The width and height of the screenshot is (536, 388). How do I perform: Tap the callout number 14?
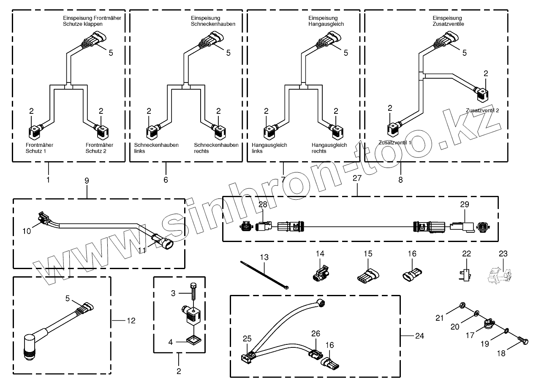click(x=320, y=254)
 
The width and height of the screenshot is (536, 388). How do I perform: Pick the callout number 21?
click(x=440, y=318)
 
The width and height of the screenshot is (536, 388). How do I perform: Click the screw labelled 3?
click(x=193, y=294)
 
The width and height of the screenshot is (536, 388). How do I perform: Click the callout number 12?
click(x=131, y=321)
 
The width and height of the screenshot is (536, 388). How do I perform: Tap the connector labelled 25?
click(x=247, y=356)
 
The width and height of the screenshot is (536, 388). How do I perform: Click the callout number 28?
click(x=263, y=205)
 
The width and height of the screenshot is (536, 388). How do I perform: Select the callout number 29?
click(x=465, y=204)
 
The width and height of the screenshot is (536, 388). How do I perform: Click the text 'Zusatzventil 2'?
click(x=482, y=110)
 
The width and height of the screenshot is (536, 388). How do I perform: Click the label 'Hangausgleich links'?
click(x=272, y=148)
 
